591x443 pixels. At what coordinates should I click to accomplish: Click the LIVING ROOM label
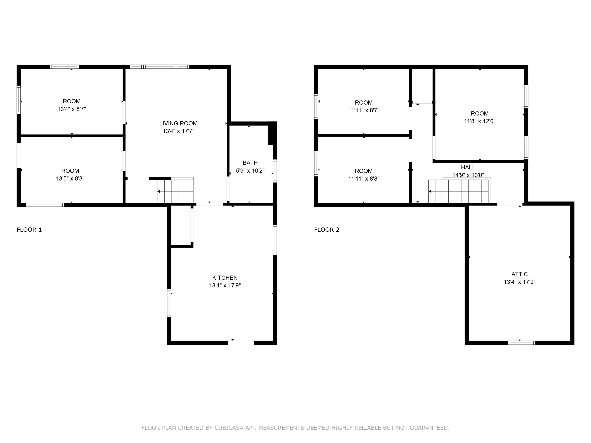click(178, 123)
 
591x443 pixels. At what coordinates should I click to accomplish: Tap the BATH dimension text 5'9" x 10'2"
click(250, 171)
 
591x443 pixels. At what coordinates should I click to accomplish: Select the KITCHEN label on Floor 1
click(225, 278)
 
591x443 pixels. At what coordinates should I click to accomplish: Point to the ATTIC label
click(519, 274)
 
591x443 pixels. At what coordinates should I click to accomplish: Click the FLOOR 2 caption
click(326, 230)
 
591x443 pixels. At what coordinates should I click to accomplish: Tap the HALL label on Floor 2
click(468, 167)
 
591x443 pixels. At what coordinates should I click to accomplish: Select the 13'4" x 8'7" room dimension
click(72, 109)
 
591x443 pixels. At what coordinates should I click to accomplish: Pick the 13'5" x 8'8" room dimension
click(70, 178)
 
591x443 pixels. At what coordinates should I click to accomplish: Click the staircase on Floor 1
click(175, 191)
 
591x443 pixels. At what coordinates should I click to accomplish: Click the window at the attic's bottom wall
click(522, 343)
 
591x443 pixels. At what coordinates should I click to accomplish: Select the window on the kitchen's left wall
click(169, 303)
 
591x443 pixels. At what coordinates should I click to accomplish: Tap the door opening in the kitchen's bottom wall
click(241, 343)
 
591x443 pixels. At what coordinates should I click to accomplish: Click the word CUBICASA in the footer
click(229, 428)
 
